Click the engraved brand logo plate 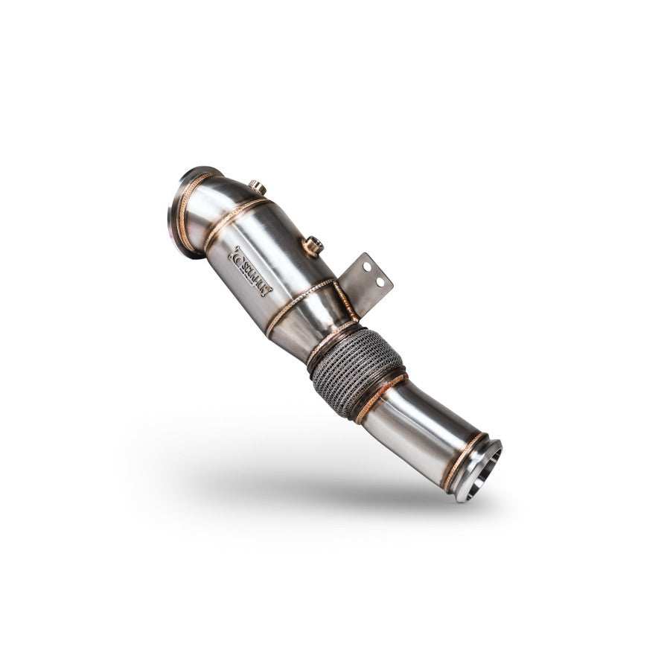pyautogui.click(x=250, y=272)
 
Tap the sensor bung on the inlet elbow pyautogui.click(x=258, y=186)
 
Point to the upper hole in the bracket pyautogui.click(x=367, y=267)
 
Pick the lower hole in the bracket pyautogui.click(x=380, y=282)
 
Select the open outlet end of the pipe pyautogui.click(x=482, y=470)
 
